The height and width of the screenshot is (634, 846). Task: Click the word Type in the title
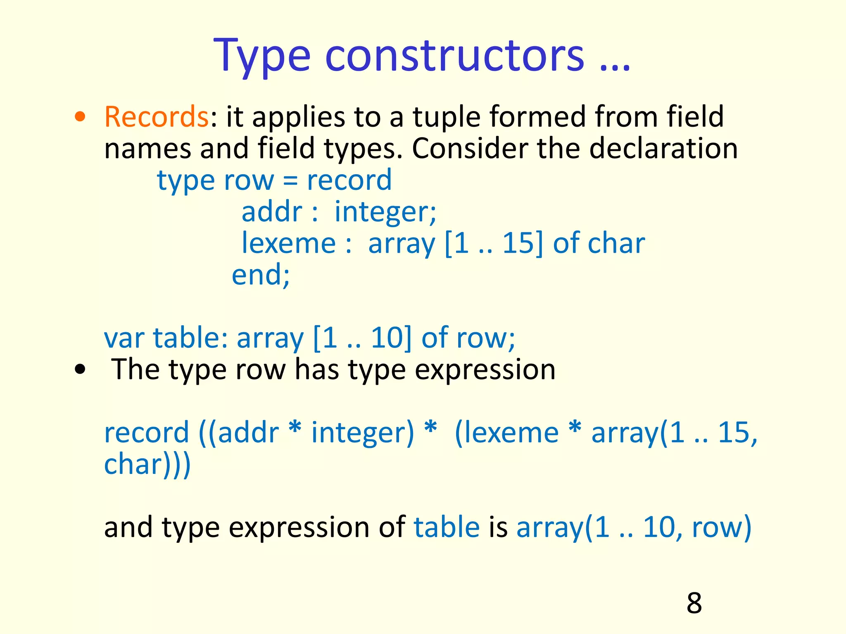(262, 56)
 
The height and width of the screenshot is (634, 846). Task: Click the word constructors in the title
(454, 56)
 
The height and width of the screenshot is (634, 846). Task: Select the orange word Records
(156, 117)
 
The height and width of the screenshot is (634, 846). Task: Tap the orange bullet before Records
(80, 117)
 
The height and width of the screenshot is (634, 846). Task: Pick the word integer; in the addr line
(385, 212)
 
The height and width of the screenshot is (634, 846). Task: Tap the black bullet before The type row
(80, 369)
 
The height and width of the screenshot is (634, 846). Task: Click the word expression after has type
(485, 369)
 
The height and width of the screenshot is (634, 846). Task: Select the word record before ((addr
(147, 433)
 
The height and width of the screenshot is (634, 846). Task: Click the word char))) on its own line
(147, 464)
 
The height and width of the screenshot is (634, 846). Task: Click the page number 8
(694, 603)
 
